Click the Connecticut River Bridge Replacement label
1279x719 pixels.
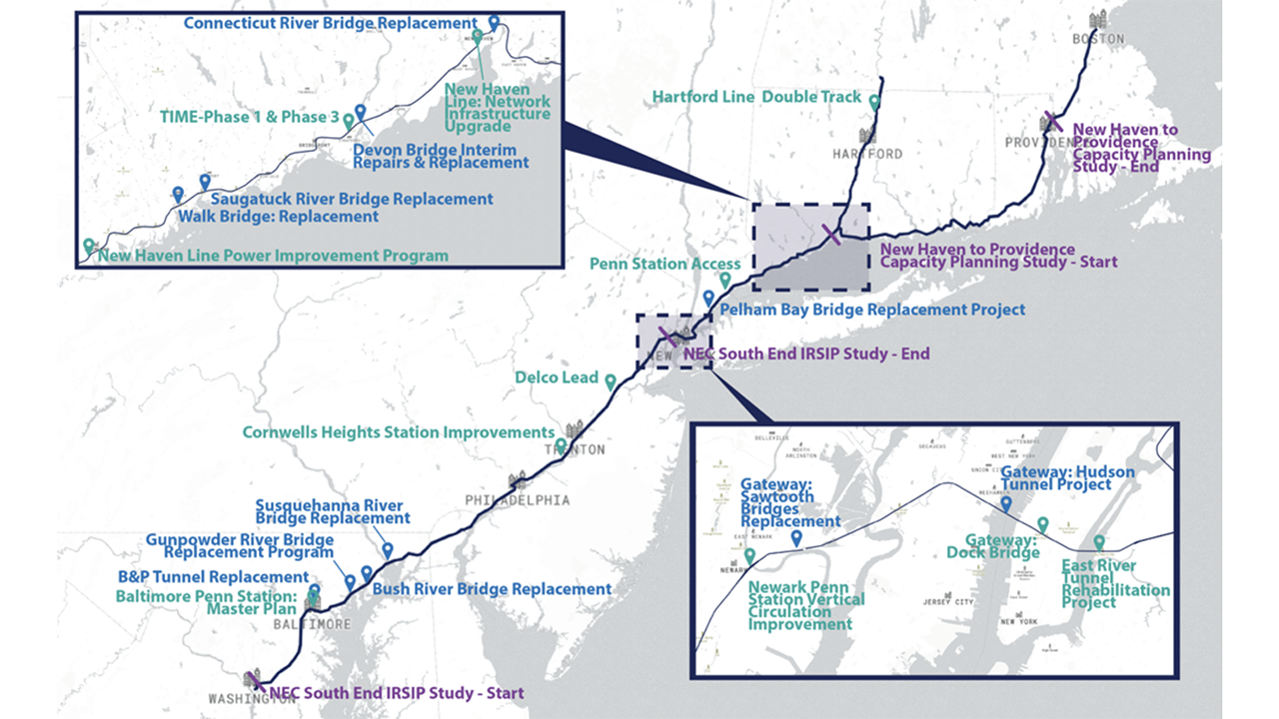[x=330, y=23]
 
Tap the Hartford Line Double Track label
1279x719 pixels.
[x=755, y=97]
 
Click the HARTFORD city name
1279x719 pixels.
[x=867, y=154]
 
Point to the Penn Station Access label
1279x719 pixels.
[x=651, y=264]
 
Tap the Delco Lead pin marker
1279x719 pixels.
[x=610, y=379]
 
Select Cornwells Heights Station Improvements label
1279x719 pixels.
[x=398, y=432]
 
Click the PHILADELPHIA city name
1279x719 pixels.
[x=517, y=499]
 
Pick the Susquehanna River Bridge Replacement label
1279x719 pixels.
[x=333, y=512]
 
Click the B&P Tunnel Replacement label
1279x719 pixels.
[x=213, y=577]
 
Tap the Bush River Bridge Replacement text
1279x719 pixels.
[x=492, y=589]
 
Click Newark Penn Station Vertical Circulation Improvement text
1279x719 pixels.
[x=806, y=605]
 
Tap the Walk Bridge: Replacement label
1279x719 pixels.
[x=279, y=216]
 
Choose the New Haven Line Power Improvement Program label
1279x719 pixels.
[x=273, y=256]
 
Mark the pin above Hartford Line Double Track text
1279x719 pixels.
[x=874, y=102]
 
